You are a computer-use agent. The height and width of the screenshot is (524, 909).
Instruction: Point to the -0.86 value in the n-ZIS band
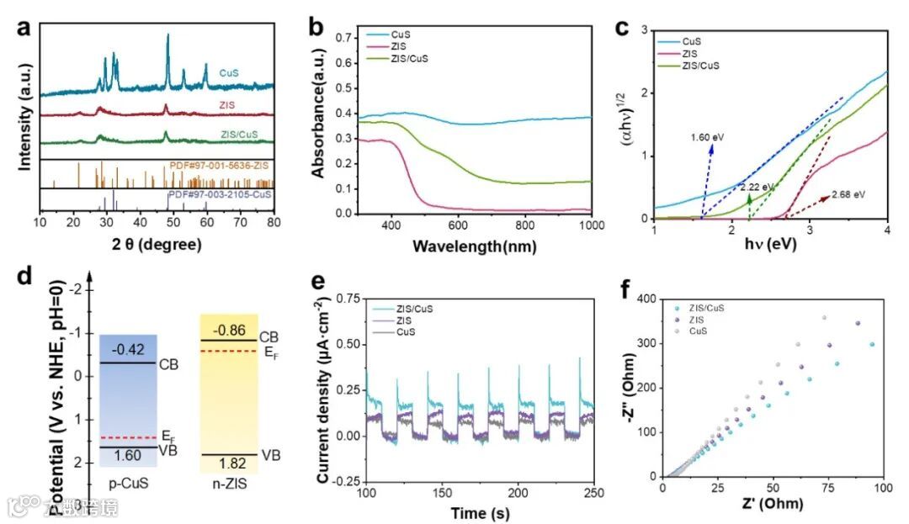click(x=227, y=329)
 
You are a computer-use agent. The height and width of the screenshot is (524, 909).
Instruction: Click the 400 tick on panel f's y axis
click(x=647, y=299)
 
